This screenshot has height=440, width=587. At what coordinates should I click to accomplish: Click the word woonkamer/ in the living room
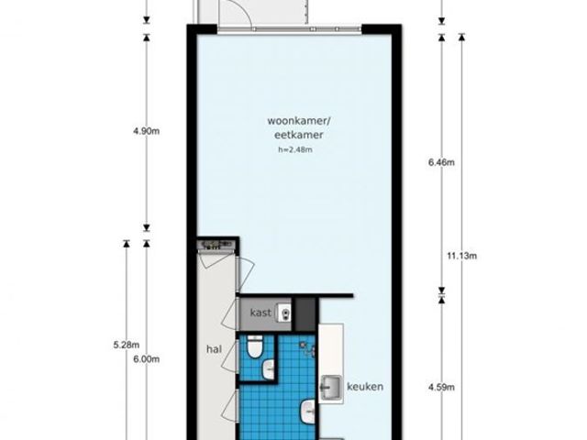point(300,121)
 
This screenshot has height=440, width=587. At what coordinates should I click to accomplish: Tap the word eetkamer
point(298,135)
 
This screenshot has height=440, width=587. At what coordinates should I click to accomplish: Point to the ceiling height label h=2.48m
point(295,149)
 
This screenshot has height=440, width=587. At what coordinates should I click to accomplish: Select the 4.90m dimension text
point(147,131)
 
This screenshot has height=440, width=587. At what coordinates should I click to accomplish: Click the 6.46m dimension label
point(441,162)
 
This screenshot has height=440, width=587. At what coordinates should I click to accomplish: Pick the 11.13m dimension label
point(461,257)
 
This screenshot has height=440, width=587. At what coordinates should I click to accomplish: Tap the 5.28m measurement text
point(127,345)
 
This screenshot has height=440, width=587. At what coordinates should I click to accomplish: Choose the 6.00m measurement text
point(147,359)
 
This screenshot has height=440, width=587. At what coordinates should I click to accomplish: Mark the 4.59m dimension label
point(441,387)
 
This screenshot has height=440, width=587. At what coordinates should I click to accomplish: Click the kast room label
point(260,313)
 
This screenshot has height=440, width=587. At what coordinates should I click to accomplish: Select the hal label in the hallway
point(214,349)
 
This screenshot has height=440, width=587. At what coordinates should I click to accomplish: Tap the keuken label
point(365,387)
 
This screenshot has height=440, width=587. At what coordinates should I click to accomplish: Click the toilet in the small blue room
point(255,346)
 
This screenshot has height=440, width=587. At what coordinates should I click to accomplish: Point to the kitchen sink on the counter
point(331,389)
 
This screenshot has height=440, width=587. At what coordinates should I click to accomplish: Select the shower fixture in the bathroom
point(308,348)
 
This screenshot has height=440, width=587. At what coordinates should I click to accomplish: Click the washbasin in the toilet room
point(269,369)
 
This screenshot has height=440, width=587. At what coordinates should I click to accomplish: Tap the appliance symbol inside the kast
point(284,313)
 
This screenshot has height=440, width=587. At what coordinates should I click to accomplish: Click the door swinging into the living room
point(247,275)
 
